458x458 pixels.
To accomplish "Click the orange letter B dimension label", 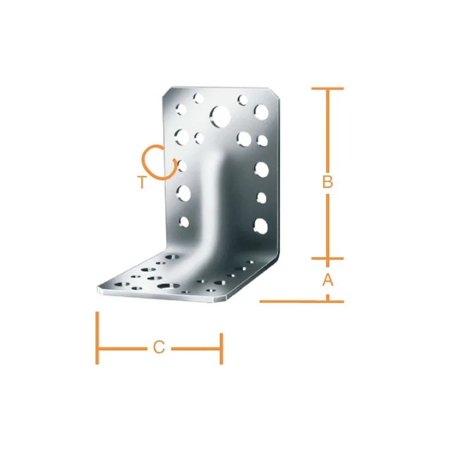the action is tap(327, 181).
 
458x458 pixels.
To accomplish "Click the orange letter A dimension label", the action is tap(327, 279).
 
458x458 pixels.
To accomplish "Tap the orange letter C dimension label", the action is tap(159, 348).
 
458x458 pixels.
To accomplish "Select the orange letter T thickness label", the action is tap(141, 182).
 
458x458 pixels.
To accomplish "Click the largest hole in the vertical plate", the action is tap(220, 116).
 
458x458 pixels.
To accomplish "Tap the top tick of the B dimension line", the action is tap(327, 88).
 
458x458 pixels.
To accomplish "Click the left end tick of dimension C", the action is tap(97, 338).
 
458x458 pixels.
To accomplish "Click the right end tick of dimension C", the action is tap(222, 349).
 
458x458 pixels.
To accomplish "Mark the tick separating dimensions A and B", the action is tap(327, 259).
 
